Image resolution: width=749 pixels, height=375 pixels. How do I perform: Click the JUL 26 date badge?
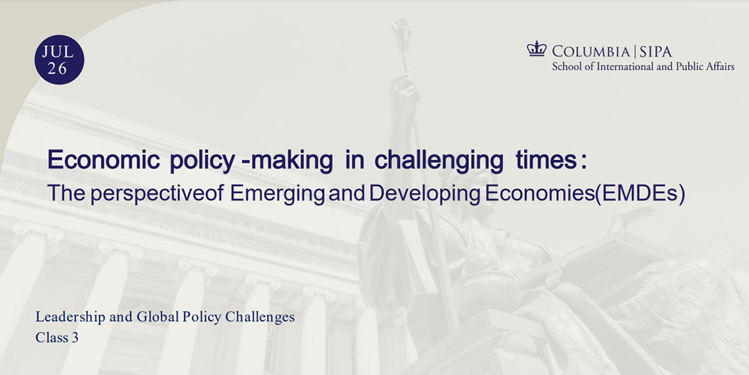click(59, 59)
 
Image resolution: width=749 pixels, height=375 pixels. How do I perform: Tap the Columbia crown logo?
click(537, 49)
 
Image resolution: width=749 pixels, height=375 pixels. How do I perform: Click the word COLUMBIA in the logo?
click(591, 52)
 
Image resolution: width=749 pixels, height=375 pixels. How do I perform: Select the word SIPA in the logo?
click(655, 52)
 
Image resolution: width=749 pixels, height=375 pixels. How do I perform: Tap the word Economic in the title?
click(104, 160)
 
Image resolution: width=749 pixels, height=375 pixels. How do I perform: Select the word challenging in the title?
click(439, 161)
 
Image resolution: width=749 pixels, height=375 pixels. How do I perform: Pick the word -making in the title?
click(287, 161)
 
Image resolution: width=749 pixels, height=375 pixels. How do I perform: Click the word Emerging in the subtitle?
click(277, 194)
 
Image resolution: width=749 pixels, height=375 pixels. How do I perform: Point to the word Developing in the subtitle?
click(424, 194)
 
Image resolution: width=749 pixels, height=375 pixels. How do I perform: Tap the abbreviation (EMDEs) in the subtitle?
click(640, 194)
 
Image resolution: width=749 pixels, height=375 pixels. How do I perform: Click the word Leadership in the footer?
click(70, 317)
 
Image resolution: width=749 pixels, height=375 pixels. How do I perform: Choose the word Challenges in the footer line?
click(260, 317)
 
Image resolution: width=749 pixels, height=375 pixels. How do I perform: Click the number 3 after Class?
click(76, 337)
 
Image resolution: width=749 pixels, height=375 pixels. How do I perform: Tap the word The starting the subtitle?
click(67, 193)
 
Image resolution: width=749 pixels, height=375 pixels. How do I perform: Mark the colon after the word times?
click(584, 162)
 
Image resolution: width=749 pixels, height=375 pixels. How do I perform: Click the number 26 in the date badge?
click(57, 69)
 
